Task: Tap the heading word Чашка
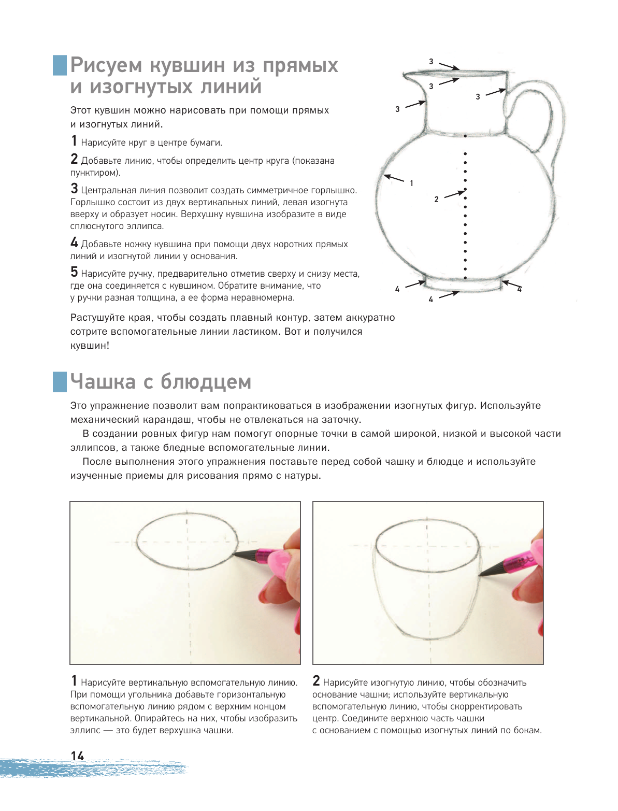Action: [x=104, y=381]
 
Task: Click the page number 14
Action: [x=77, y=756]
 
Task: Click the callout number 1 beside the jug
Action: [x=411, y=183]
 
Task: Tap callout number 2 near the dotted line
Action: [x=436, y=199]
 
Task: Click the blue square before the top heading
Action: [x=60, y=65]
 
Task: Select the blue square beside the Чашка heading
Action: [x=60, y=381]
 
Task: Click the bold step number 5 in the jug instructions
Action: [x=74, y=272]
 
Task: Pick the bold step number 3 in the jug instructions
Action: [x=74, y=189]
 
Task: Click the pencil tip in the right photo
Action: [x=480, y=575]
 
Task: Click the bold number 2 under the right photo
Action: [x=316, y=681]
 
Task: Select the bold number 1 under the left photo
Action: [x=74, y=681]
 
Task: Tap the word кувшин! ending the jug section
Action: [x=90, y=346]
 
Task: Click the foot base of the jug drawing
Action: [x=462, y=286]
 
